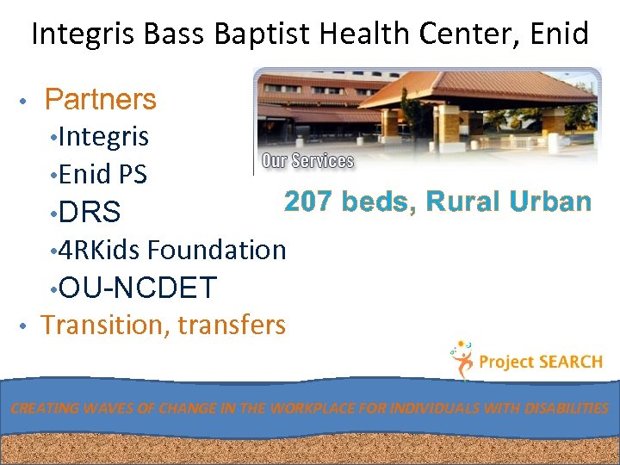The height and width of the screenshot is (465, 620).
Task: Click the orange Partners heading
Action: [x=100, y=100]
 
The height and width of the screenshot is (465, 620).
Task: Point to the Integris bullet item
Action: [x=104, y=136]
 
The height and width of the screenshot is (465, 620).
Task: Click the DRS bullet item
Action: [x=90, y=212]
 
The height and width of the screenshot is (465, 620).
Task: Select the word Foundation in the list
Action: [x=217, y=250]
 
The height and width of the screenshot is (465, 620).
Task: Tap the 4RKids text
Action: [x=100, y=250]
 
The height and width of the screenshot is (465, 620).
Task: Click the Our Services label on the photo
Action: [x=307, y=161]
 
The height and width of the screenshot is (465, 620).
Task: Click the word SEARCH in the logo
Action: [x=570, y=363]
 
